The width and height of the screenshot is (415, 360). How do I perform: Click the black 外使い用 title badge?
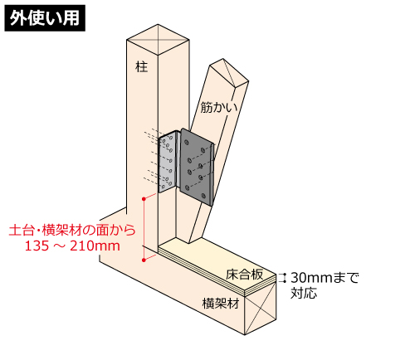tap(45, 18)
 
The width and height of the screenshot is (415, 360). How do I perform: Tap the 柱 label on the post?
tap(142, 67)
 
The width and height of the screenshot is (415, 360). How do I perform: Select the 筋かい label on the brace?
tap(219, 107)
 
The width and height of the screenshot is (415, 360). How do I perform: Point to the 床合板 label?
tap(244, 275)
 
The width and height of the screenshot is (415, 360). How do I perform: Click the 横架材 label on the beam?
tap(221, 304)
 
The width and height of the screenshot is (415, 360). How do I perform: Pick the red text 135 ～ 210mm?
tap(72, 246)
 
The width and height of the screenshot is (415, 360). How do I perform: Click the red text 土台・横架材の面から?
tap(72, 230)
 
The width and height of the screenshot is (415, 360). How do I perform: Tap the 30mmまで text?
tap(325, 278)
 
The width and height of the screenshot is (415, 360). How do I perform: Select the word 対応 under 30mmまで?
tap(304, 293)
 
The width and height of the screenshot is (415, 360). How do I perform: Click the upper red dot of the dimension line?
tap(144, 199)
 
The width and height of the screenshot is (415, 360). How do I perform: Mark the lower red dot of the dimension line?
tap(144, 260)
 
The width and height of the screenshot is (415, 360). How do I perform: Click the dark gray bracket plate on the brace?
tap(197, 168)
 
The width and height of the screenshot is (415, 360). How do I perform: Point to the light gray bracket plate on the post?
tap(168, 162)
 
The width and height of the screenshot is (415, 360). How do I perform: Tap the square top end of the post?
tap(158, 40)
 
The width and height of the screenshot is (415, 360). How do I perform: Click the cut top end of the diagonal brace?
tap(229, 73)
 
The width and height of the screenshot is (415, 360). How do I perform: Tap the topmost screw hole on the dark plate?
tap(186, 143)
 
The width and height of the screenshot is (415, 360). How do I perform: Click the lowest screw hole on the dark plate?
tap(204, 196)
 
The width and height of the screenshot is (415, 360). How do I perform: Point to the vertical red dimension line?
tap(144, 230)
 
